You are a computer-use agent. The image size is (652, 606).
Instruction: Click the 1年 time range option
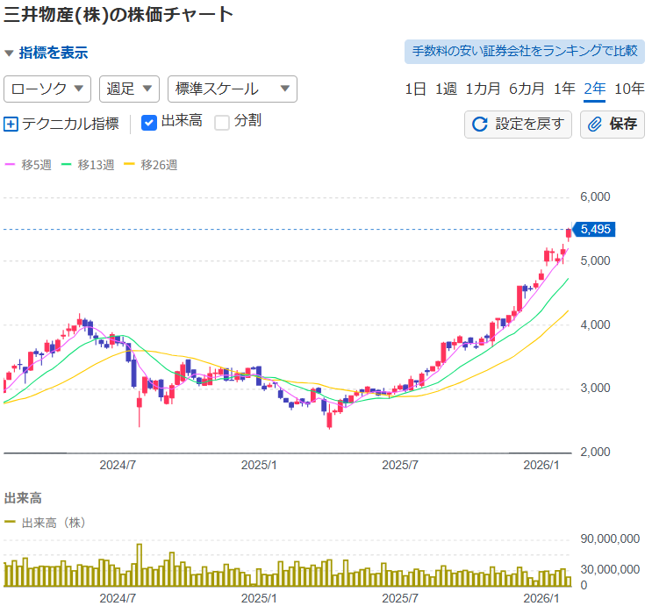pyautogui.click(x=565, y=89)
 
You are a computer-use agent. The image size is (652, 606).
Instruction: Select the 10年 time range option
pyautogui.click(x=629, y=89)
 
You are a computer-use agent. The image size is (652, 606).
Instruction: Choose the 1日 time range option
pyautogui.click(x=416, y=89)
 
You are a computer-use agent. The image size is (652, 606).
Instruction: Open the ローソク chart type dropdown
pyautogui.click(x=48, y=89)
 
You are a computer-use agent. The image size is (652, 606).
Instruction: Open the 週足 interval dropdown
pyautogui.click(x=129, y=89)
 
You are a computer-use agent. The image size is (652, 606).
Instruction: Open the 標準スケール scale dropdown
pyautogui.click(x=232, y=89)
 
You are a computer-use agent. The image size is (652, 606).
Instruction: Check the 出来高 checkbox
pyautogui.click(x=149, y=122)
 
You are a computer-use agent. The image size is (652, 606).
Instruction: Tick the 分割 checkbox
pyautogui.click(x=222, y=122)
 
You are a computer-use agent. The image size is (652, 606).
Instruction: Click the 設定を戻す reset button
pyautogui.click(x=518, y=125)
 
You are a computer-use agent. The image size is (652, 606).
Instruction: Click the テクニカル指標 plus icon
pyautogui.click(x=11, y=124)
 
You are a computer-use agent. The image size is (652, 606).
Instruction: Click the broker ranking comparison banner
pyautogui.click(x=524, y=51)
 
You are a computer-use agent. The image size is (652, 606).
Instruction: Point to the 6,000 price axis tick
pyautogui.click(x=596, y=197)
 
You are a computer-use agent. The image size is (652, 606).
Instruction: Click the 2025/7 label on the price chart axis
pyautogui.click(x=400, y=465)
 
